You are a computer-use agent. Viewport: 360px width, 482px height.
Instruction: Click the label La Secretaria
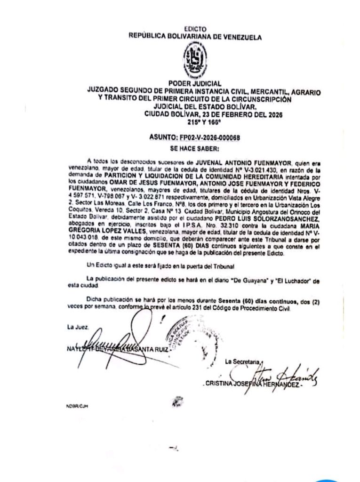click(242, 361)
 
